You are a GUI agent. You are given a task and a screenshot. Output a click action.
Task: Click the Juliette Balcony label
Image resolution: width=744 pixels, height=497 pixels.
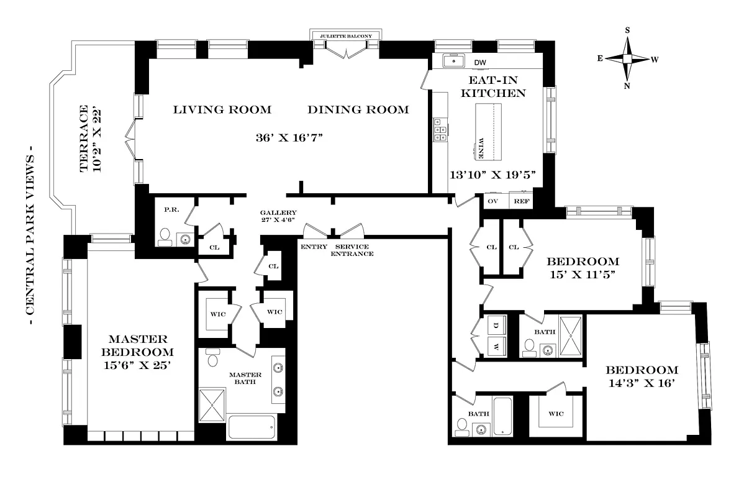pyautogui.click(x=346, y=37)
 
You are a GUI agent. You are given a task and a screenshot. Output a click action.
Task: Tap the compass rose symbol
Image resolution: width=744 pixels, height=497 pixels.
pyautogui.click(x=627, y=58)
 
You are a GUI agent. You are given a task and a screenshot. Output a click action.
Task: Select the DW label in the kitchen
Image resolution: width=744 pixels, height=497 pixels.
pyautogui.click(x=480, y=63)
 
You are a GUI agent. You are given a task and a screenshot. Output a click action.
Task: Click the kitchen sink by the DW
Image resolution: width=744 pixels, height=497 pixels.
pyautogui.click(x=454, y=61)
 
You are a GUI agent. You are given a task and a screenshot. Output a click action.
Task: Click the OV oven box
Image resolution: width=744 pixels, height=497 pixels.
pyautogui.click(x=494, y=202)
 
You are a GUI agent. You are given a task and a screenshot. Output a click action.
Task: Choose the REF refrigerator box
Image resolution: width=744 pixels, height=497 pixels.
pyautogui.click(x=522, y=202)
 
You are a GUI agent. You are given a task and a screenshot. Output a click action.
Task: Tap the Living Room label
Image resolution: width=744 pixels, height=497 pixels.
pyautogui.click(x=222, y=110)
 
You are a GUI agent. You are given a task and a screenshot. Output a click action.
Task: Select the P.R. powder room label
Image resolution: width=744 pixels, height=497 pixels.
pyautogui.click(x=172, y=209)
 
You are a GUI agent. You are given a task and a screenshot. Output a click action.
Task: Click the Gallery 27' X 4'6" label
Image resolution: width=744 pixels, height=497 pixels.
pyautogui.click(x=278, y=216)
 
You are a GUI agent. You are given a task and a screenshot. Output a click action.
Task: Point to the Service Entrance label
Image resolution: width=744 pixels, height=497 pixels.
pyautogui.click(x=352, y=250)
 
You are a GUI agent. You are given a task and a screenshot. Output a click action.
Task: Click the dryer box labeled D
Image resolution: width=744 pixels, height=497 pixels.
pyautogui.click(x=496, y=325)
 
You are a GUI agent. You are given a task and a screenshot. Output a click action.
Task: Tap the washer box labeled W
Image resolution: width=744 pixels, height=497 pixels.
pyautogui.click(x=496, y=347)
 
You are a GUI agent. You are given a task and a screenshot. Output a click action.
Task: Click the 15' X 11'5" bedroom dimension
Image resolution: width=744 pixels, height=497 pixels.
pyautogui.click(x=582, y=275)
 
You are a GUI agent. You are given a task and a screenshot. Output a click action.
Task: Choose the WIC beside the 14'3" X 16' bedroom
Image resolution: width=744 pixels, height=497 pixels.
pyautogui.click(x=555, y=413)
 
